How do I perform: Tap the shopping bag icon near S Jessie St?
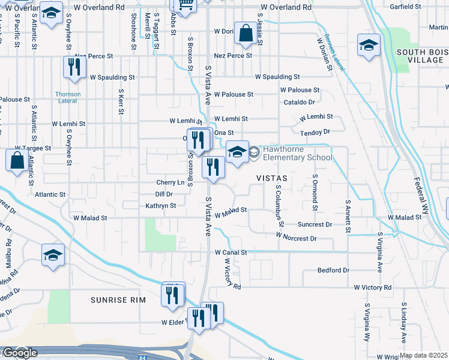(246, 34)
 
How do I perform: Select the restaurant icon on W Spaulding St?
(71, 67)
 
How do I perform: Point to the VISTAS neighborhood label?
(272, 179)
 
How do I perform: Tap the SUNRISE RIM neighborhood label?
(118, 299)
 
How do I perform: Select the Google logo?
(19, 353)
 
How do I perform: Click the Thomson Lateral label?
(68, 97)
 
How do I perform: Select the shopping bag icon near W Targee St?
(16, 161)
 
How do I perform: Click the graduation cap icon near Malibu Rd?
(53, 255)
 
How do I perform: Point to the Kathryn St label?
(160, 206)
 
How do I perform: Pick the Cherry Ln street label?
(170, 182)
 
